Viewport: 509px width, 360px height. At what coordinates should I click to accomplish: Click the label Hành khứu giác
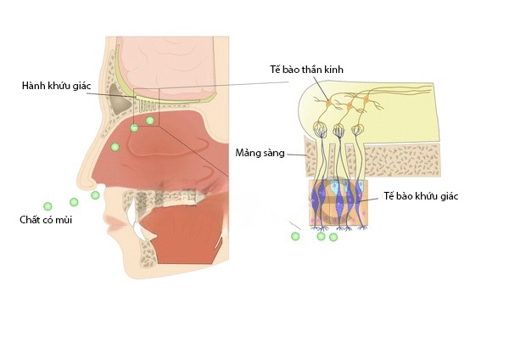(56, 86)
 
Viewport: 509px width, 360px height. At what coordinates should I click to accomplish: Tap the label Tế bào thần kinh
(306, 70)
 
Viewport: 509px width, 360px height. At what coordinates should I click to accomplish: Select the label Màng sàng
(260, 153)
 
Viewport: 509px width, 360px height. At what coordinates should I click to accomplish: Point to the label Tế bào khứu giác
(421, 196)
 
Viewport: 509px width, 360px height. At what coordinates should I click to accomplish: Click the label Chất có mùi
(46, 220)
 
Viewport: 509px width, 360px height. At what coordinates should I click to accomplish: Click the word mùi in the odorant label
(64, 220)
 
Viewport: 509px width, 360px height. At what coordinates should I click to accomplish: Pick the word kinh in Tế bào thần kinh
(333, 70)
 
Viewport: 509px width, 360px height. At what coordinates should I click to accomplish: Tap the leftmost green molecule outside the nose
(48, 206)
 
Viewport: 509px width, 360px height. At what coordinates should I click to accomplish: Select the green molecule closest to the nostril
(95, 195)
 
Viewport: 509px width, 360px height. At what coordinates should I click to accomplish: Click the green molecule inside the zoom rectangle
(149, 121)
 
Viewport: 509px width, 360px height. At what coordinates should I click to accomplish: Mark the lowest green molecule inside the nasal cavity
(115, 147)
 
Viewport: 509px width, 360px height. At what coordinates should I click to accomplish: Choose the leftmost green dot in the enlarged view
(295, 236)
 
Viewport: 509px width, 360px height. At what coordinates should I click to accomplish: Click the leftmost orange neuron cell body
(328, 103)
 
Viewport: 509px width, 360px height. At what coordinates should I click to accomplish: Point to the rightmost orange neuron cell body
(366, 99)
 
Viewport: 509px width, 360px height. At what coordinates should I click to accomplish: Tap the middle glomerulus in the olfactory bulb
(338, 130)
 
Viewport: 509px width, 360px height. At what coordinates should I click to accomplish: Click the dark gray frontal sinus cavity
(120, 99)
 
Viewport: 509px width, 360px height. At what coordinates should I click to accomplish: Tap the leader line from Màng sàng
(297, 155)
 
